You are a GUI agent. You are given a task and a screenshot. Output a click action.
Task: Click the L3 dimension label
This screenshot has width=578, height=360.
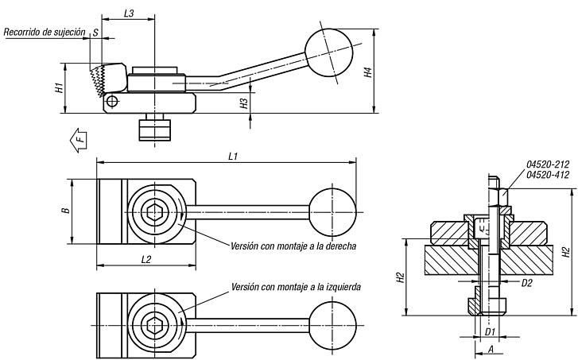coord(128,14)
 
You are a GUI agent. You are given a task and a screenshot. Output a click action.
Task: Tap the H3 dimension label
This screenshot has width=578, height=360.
coord(244,102)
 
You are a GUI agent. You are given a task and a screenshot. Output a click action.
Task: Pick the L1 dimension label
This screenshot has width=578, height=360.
coord(232,157)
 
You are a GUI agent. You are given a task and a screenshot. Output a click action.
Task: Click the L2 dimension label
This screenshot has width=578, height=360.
coord(146,259)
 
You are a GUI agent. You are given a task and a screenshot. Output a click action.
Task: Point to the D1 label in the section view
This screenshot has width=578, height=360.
coord(491,331)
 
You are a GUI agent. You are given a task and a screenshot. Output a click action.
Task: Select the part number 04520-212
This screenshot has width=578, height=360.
coord(548,165)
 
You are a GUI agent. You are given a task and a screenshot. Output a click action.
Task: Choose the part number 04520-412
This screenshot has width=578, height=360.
coord(548,175)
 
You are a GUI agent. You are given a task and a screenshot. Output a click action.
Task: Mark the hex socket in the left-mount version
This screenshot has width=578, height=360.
coord(155,325)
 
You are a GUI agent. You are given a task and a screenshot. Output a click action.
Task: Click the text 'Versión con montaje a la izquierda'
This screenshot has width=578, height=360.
coord(296,286)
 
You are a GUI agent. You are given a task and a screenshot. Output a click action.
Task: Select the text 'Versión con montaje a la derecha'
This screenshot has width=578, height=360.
coord(292,246)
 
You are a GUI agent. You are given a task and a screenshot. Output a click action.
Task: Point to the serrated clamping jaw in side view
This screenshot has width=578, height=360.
coord(99,79)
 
